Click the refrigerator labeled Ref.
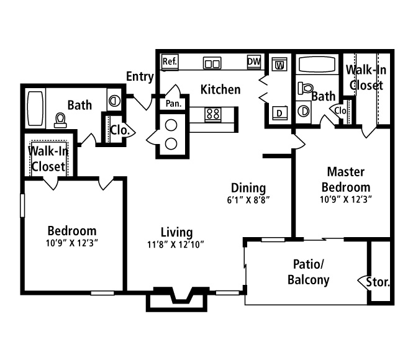point(170,62)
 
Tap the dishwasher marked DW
point(254,62)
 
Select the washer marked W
point(279,64)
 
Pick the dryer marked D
point(279,113)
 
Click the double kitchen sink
point(212,63)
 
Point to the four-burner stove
point(213,114)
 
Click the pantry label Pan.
point(173,104)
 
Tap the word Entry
point(140,76)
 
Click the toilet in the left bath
point(60,120)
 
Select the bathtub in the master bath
point(317,64)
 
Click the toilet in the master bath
point(306,88)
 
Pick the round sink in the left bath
point(114,101)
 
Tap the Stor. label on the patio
point(378,282)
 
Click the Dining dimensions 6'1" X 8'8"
point(248,200)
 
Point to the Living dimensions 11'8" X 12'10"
point(175,245)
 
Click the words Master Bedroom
point(346,180)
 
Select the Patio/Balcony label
point(309,272)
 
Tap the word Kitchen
point(220,89)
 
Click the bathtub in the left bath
point(35,109)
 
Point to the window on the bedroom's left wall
point(22,205)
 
